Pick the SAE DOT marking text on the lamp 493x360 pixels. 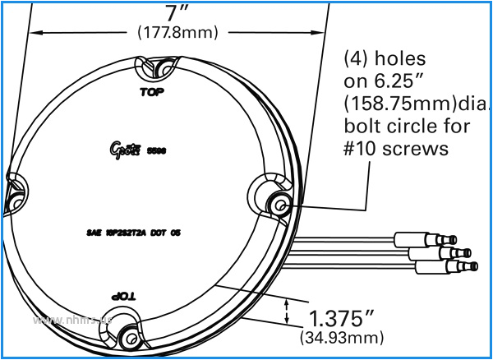133,233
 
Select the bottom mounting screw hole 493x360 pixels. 129,335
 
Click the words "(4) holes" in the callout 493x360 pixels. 385,60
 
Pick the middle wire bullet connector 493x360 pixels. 451,253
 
